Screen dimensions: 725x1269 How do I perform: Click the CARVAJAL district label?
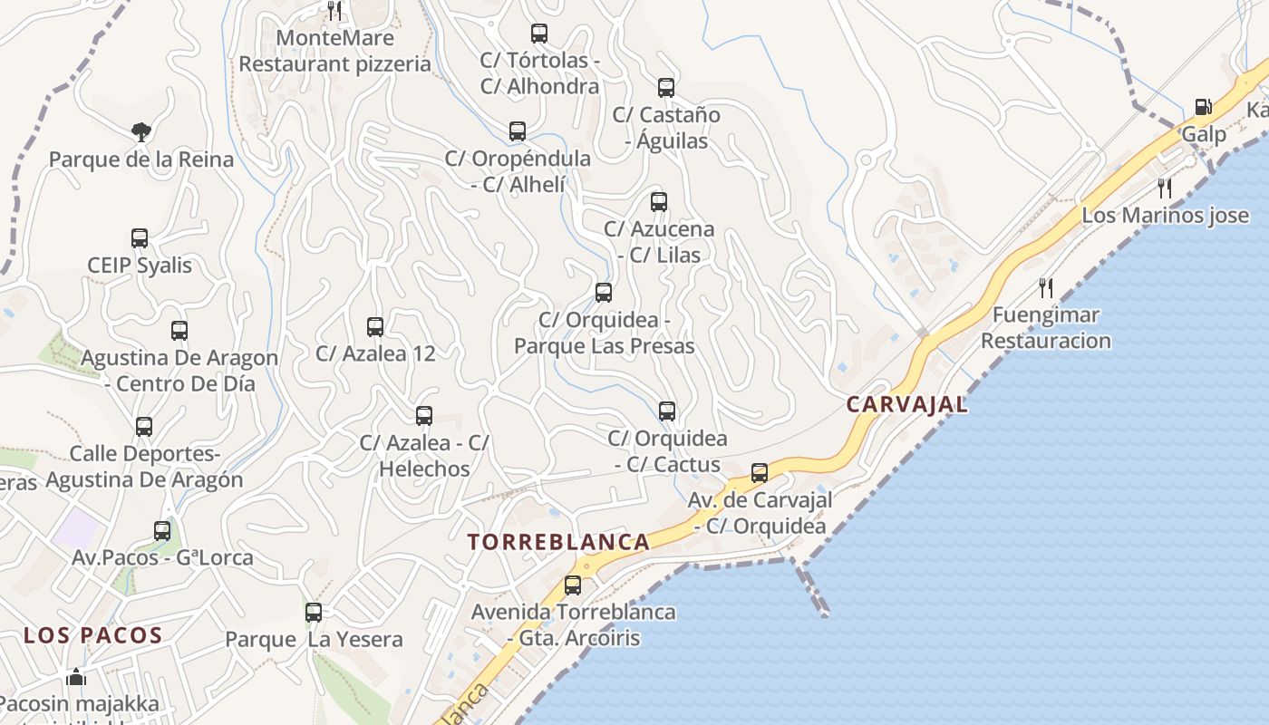906,404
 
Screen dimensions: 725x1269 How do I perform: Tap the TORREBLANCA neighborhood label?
558,542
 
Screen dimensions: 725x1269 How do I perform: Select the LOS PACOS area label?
92,635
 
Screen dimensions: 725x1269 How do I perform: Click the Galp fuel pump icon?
1203,107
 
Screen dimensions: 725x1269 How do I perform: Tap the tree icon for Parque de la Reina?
140,132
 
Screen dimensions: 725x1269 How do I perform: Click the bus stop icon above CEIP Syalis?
140,238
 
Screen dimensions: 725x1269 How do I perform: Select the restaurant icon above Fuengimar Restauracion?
1046,288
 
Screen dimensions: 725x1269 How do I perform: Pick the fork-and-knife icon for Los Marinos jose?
1165,188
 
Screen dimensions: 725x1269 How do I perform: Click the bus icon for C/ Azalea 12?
375,326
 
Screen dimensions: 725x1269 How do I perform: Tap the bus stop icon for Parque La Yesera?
314,612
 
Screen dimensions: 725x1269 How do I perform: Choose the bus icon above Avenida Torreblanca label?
573,585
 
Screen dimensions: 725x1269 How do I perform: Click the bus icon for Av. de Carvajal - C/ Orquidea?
760,473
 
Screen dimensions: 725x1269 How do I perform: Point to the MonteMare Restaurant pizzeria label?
334,51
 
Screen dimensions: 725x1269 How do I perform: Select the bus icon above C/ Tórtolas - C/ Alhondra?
539,34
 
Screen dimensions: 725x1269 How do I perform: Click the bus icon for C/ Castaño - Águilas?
666,88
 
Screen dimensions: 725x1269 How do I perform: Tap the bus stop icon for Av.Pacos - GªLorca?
162,531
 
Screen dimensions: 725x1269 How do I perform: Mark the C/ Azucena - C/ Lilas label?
659,242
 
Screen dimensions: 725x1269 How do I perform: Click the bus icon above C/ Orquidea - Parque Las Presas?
604,293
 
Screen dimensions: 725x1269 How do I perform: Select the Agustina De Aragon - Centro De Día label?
179,370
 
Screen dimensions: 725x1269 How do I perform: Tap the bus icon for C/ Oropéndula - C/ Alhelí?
518,131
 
